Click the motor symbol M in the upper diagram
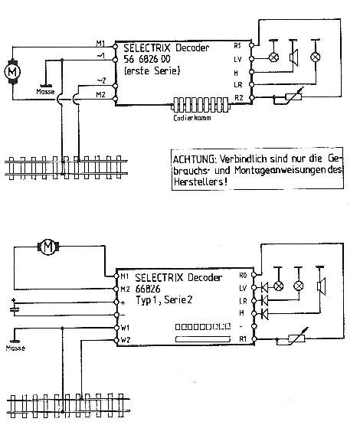point(12,70)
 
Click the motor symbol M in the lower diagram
point(50,247)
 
